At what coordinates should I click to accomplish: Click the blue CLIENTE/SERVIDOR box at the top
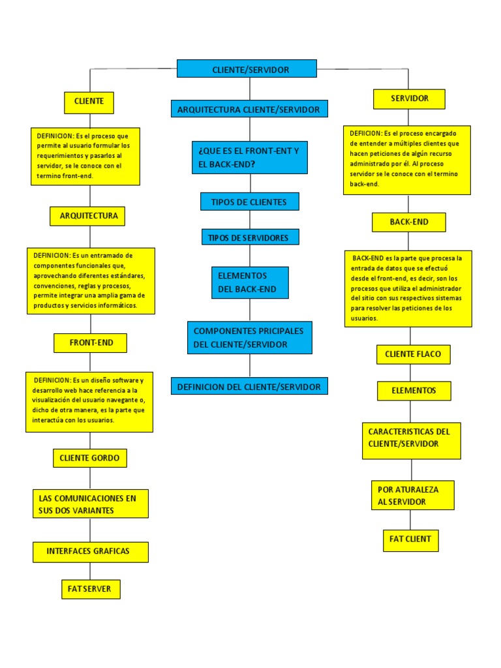click(247, 68)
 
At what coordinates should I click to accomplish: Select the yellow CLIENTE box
click(89, 102)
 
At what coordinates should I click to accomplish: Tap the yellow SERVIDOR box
click(409, 99)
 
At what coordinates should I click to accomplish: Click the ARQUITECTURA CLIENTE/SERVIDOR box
click(249, 109)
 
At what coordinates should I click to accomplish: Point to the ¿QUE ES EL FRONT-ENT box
click(249, 157)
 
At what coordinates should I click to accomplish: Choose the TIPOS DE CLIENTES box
click(249, 202)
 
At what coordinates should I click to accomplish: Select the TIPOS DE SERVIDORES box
click(250, 237)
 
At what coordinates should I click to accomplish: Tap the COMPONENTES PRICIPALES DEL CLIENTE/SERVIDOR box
click(250, 337)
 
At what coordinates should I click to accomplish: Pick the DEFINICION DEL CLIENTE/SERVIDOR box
click(249, 386)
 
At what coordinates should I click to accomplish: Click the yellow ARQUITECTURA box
click(87, 216)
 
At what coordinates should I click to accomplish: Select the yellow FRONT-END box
click(90, 342)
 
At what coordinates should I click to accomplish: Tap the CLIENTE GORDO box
click(89, 458)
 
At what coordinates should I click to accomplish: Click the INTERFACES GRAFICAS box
click(91, 552)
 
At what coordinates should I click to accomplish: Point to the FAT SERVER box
click(91, 589)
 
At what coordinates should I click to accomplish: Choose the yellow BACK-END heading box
click(409, 222)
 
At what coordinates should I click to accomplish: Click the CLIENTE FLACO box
click(413, 354)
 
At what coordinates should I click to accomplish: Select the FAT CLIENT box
click(410, 540)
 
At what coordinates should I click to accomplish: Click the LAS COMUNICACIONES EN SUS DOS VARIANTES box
click(91, 504)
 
